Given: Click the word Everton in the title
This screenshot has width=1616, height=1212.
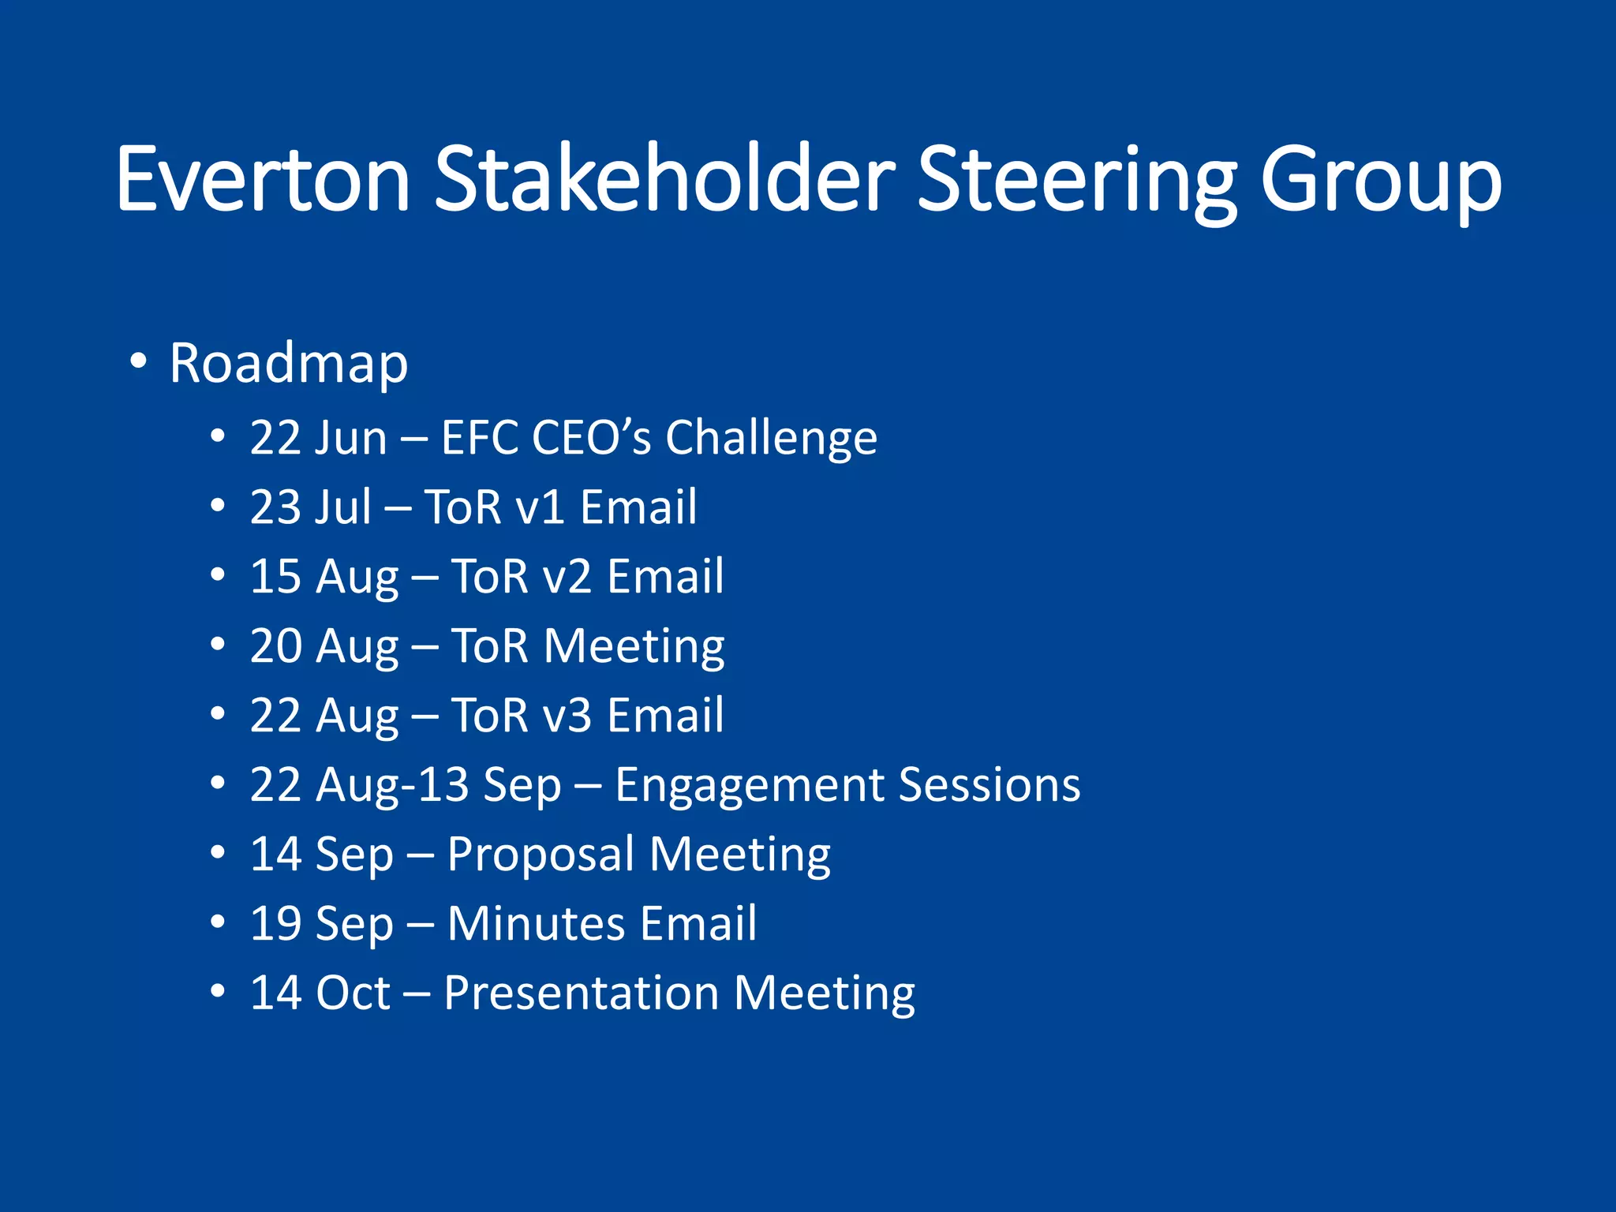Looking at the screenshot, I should click(263, 179).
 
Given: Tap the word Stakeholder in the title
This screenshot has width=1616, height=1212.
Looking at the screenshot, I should click(664, 179).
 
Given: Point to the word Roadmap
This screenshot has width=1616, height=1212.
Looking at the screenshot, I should click(289, 363).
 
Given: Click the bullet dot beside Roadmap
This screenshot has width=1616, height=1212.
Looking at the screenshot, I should click(139, 361).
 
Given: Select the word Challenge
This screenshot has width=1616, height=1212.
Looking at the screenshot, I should click(771, 437).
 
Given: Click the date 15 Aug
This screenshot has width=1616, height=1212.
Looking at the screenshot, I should click(324, 577).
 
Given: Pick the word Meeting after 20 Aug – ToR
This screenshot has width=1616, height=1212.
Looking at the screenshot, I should click(634, 646).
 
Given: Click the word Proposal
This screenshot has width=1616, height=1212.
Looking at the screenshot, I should click(541, 855).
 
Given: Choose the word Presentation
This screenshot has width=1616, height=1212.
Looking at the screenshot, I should click(581, 993).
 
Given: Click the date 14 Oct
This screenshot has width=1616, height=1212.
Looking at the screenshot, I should click(320, 993).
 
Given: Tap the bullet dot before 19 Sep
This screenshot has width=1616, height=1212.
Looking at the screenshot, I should click(218, 922).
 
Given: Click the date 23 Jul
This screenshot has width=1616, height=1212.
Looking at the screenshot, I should click(310, 507).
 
